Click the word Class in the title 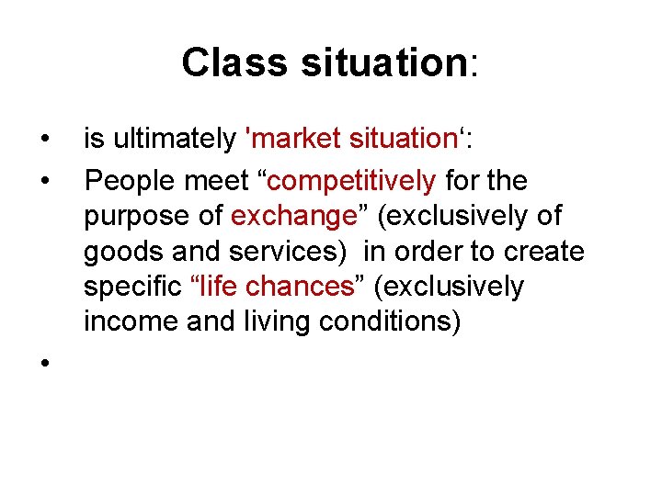[x=229, y=62]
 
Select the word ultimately [x=173, y=139]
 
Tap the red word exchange [x=293, y=217]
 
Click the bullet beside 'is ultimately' [x=44, y=141]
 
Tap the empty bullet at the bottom [x=44, y=363]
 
